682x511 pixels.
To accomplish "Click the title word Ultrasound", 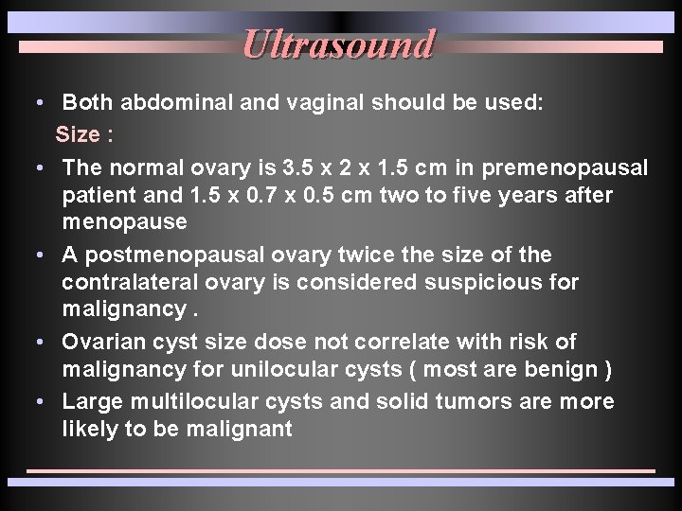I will [338, 44].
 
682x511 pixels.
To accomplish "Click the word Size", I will [78, 134].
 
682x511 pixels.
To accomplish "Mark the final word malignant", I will [240, 429].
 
